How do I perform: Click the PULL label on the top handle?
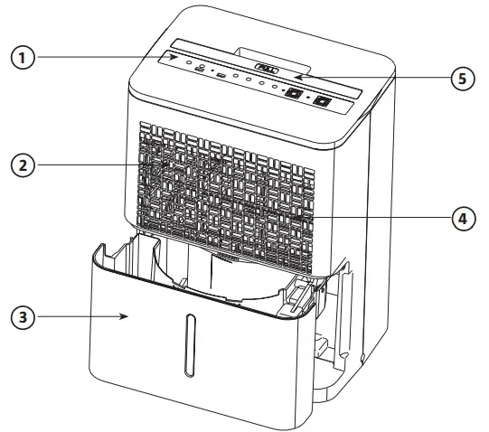pos(267,68)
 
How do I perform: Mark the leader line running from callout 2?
pos(90,165)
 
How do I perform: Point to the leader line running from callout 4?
pos(380,218)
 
